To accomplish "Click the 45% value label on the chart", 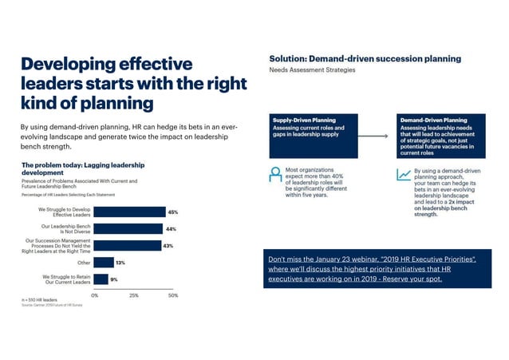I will tap(172, 212).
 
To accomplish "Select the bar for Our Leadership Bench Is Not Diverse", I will tap(128, 229).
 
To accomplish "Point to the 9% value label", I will tap(114, 279).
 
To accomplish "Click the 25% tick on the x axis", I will tap(134, 295).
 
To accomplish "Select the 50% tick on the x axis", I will tap(173, 295).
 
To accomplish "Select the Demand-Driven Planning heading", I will tap(433, 121).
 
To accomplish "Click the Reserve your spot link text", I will tap(435, 280).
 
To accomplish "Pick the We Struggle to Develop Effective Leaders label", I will tap(65, 212).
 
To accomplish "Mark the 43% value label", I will tap(168, 246).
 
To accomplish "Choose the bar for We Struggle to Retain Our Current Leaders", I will tap(101, 279).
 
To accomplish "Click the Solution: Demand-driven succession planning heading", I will tap(365, 58).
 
